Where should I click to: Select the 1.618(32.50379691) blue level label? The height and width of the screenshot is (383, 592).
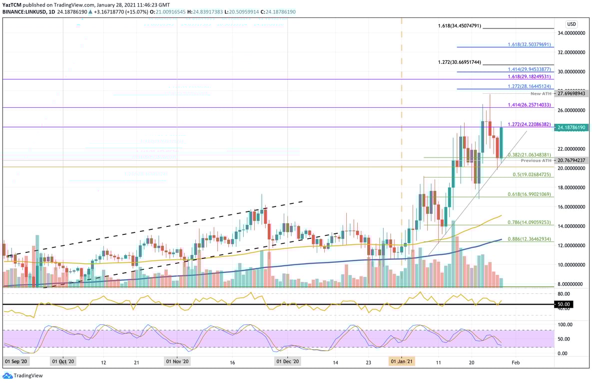tap(529, 44)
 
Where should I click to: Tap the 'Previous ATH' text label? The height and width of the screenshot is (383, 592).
tap(536, 161)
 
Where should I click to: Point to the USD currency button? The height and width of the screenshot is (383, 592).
tap(572, 24)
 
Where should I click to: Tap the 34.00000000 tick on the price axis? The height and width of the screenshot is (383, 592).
tap(572, 33)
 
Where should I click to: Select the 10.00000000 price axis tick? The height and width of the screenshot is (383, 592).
tap(572, 265)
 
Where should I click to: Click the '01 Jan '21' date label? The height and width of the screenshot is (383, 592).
tap(402, 361)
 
